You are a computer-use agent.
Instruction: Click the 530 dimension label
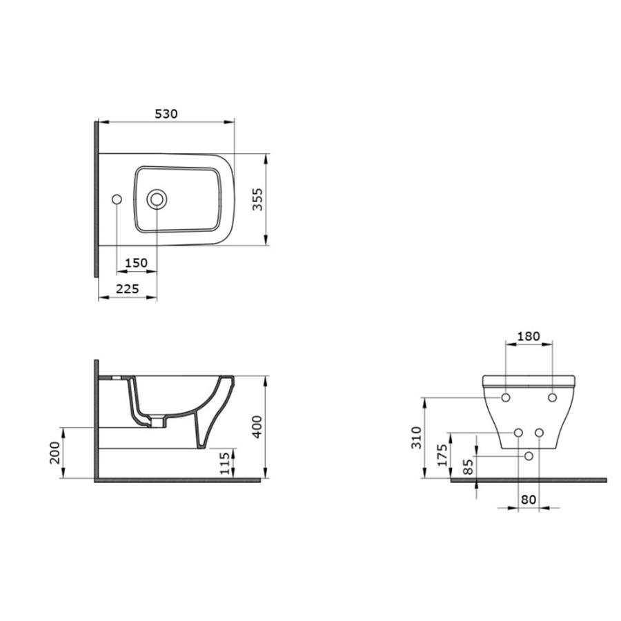click(166, 114)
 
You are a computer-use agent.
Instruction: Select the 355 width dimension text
click(258, 199)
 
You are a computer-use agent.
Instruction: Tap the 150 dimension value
click(136, 263)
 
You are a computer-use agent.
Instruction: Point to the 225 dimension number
click(128, 288)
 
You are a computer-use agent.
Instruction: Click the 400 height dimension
click(257, 426)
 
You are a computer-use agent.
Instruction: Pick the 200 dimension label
click(55, 453)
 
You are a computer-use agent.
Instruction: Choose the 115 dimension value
click(225, 464)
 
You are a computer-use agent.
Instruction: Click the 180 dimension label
click(529, 336)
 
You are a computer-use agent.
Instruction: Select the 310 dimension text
click(416, 437)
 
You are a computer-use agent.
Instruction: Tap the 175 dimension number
click(442, 455)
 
